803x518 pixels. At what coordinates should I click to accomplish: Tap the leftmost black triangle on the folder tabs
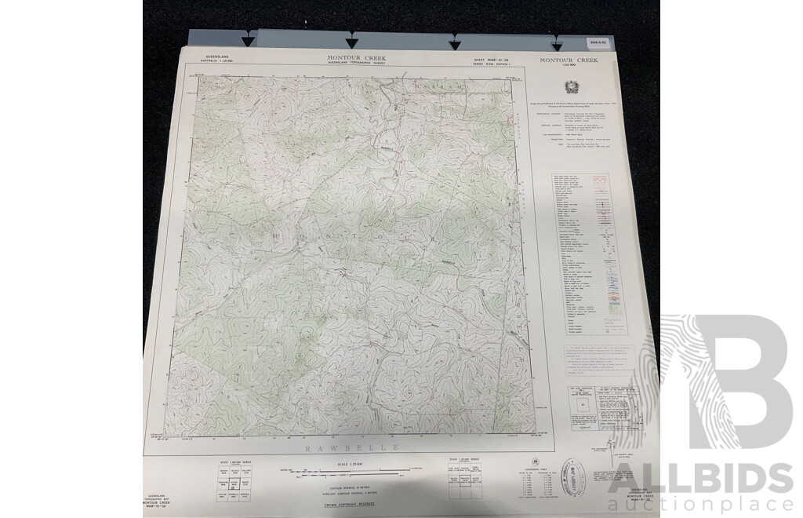tap(248, 41)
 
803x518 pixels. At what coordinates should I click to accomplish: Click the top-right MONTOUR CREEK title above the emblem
tap(569, 60)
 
